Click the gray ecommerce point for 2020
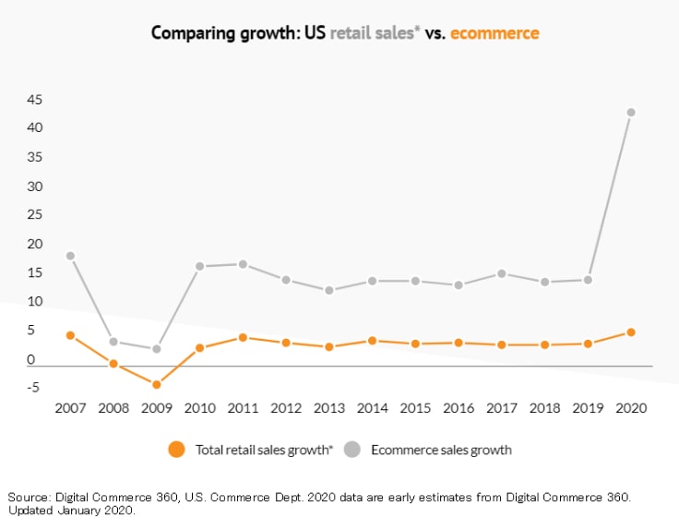[x=631, y=113]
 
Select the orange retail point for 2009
[x=157, y=384]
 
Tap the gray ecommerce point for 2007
[x=70, y=256]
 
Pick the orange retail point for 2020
[x=631, y=331]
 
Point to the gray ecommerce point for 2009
[x=157, y=349]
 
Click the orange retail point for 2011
[x=243, y=337]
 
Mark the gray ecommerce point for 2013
[x=329, y=290]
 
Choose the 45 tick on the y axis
[x=34, y=99]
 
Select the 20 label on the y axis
[x=34, y=244]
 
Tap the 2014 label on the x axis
[x=373, y=407]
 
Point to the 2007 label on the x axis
[x=70, y=407]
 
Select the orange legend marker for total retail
[x=177, y=450]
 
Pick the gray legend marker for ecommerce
[x=352, y=450]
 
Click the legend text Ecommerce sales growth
[x=441, y=451]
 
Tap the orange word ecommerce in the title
[x=494, y=33]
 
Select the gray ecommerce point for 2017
[x=502, y=273]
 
